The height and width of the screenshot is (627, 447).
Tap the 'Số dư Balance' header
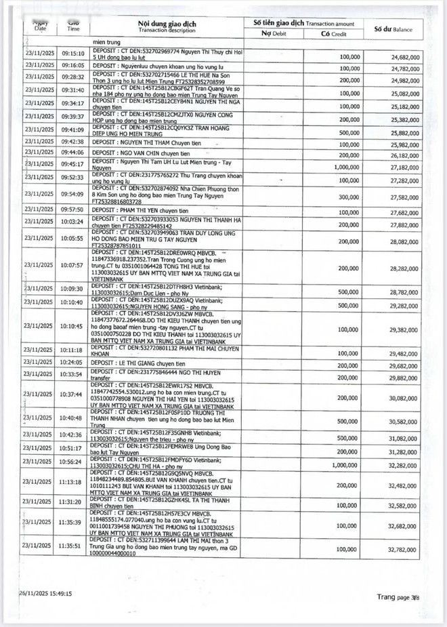pos(395,29)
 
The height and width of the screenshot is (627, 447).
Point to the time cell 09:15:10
pos(72,52)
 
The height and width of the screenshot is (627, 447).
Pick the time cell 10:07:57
pos(72,265)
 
